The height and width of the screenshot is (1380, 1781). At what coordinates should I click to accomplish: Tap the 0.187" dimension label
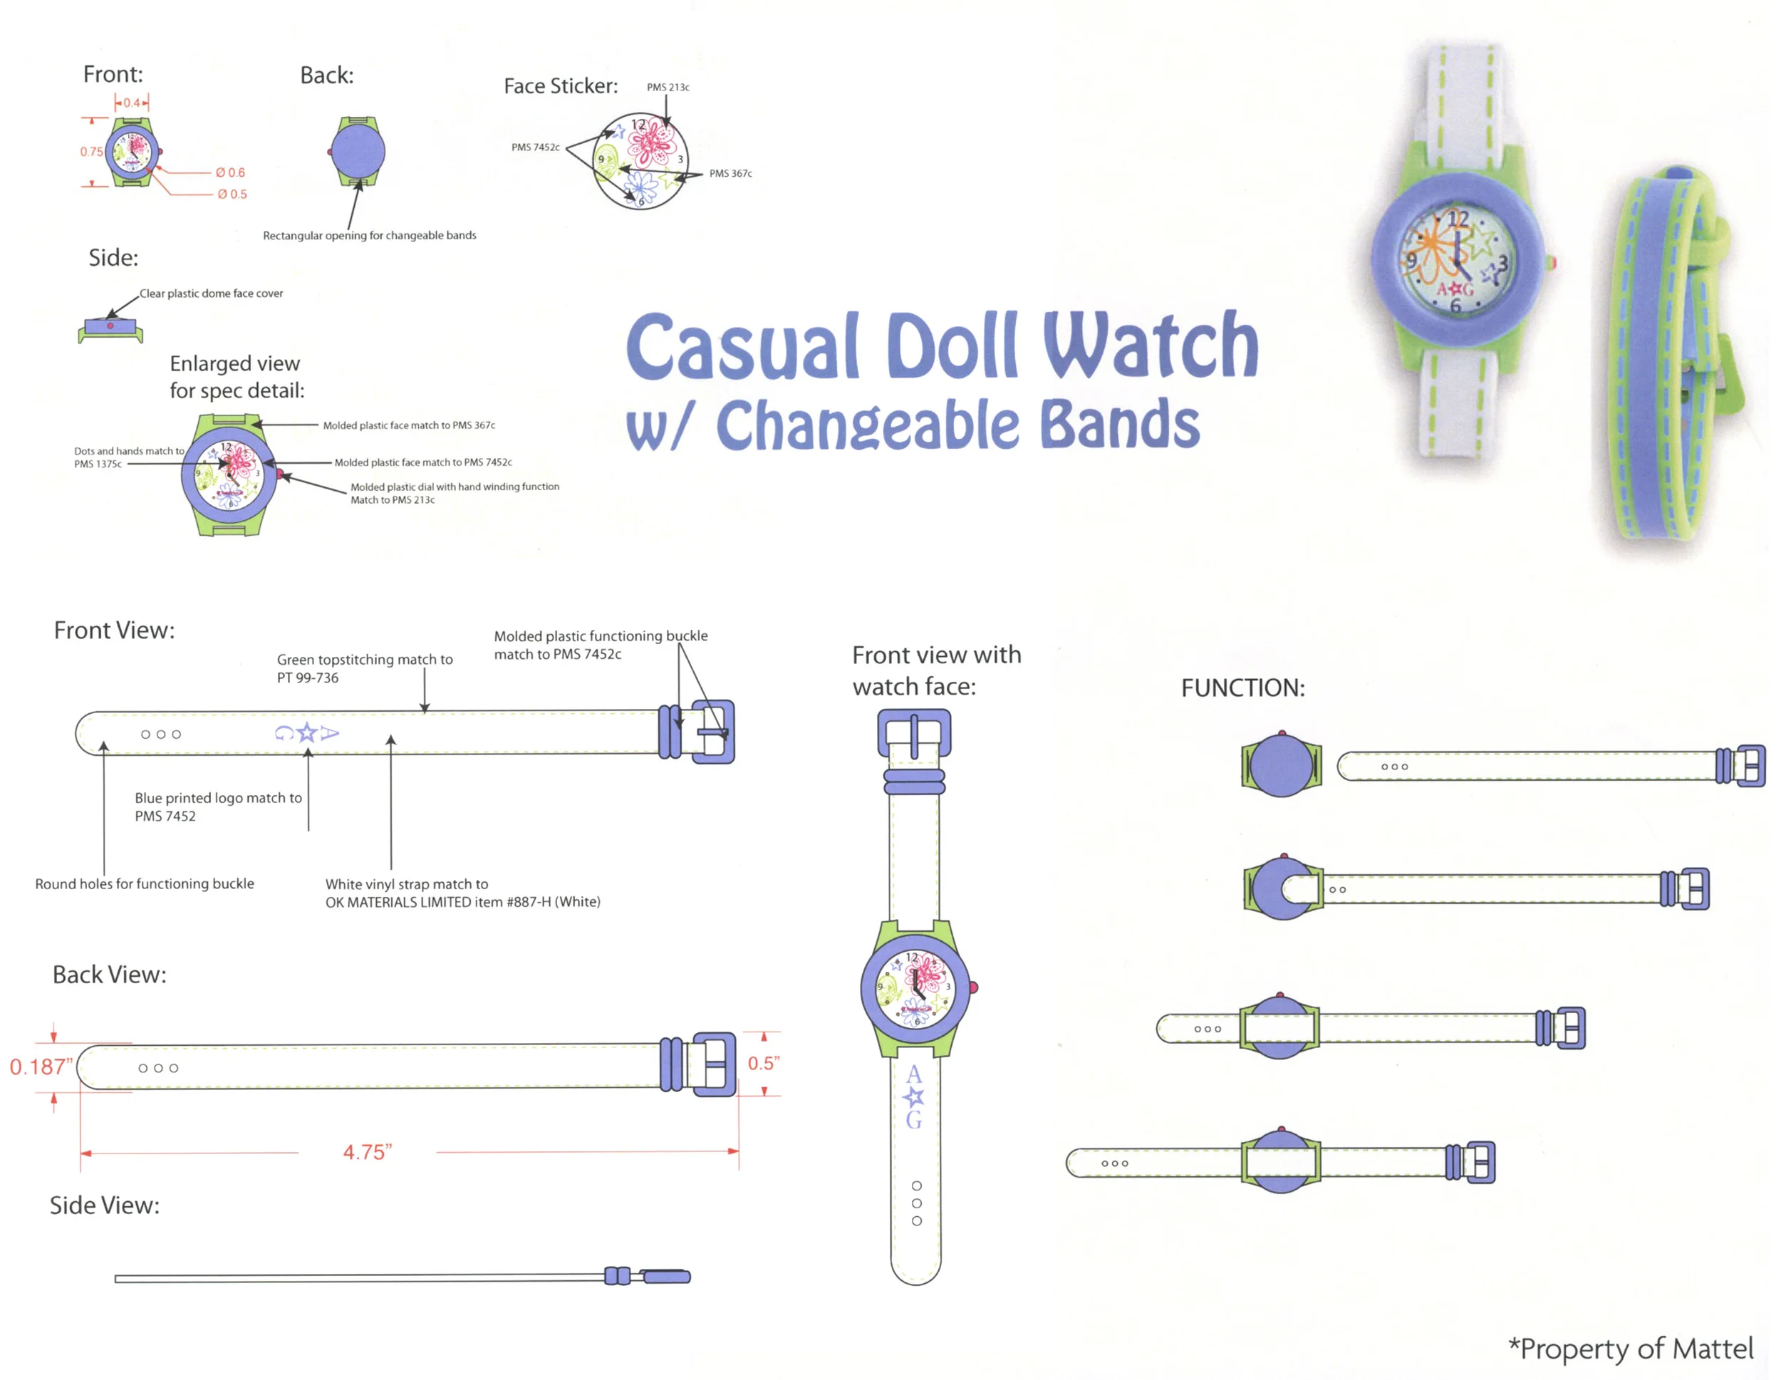coord(41,1066)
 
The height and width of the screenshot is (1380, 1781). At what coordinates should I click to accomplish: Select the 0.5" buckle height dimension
coord(763,1063)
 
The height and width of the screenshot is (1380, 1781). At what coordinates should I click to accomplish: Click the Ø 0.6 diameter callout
coord(230,173)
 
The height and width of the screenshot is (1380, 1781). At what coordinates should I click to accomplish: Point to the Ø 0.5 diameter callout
coord(232,194)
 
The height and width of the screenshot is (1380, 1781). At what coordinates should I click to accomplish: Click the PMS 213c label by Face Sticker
coord(668,87)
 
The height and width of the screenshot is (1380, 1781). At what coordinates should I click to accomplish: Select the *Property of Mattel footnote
coord(1630,1348)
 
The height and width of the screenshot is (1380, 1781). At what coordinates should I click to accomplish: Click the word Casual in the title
coord(742,347)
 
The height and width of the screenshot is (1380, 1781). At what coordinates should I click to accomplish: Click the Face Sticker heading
coord(560,85)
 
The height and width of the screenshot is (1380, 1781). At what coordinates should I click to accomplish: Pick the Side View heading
coord(105,1205)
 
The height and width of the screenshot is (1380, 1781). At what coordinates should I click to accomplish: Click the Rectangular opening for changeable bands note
coord(370,236)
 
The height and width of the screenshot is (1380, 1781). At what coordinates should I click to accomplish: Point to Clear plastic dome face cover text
coord(211,294)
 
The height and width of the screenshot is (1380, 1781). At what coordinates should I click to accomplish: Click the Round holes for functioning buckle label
coord(145,883)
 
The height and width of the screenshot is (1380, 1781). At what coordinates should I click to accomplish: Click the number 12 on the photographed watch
coord(1458,219)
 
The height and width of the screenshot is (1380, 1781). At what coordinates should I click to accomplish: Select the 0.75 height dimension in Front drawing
coord(91,152)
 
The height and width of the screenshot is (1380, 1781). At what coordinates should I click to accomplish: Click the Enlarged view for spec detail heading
coord(237,377)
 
